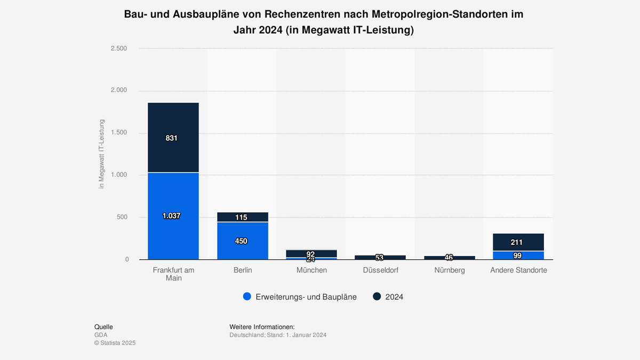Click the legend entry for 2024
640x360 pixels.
394,297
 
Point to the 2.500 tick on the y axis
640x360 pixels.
118,49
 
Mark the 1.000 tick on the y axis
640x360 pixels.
118,175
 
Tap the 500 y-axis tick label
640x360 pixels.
122,217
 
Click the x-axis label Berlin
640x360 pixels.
243,270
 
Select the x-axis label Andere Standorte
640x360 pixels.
518,270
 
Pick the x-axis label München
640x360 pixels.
311,270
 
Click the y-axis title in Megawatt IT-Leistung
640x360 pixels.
101,154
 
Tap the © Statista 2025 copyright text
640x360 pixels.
115,343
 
